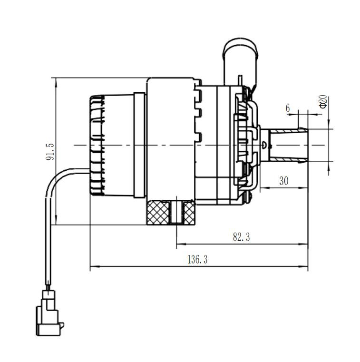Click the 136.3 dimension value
click(x=198, y=260)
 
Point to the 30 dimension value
click(x=284, y=181)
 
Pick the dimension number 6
click(x=288, y=108)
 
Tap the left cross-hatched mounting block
click(x=158, y=212)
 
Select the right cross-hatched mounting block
click(x=189, y=212)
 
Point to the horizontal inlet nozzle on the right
click(x=288, y=145)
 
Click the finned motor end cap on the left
click(x=97, y=145)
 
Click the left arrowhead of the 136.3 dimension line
click(x=92, y=266)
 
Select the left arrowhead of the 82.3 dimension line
click(x=179, y=245)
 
